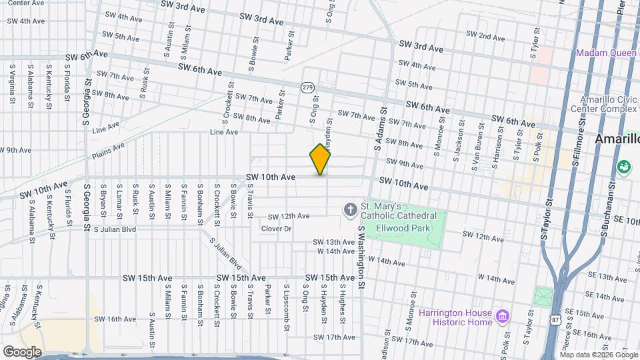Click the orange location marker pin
coord(320,159)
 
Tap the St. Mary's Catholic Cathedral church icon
coord(350,211)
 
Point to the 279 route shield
coord(307,87)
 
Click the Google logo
coord(21,351)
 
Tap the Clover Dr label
coord(276,229)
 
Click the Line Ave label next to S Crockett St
coord(224,132)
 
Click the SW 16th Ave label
coord(115,319)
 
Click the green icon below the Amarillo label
coord(625,166)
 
